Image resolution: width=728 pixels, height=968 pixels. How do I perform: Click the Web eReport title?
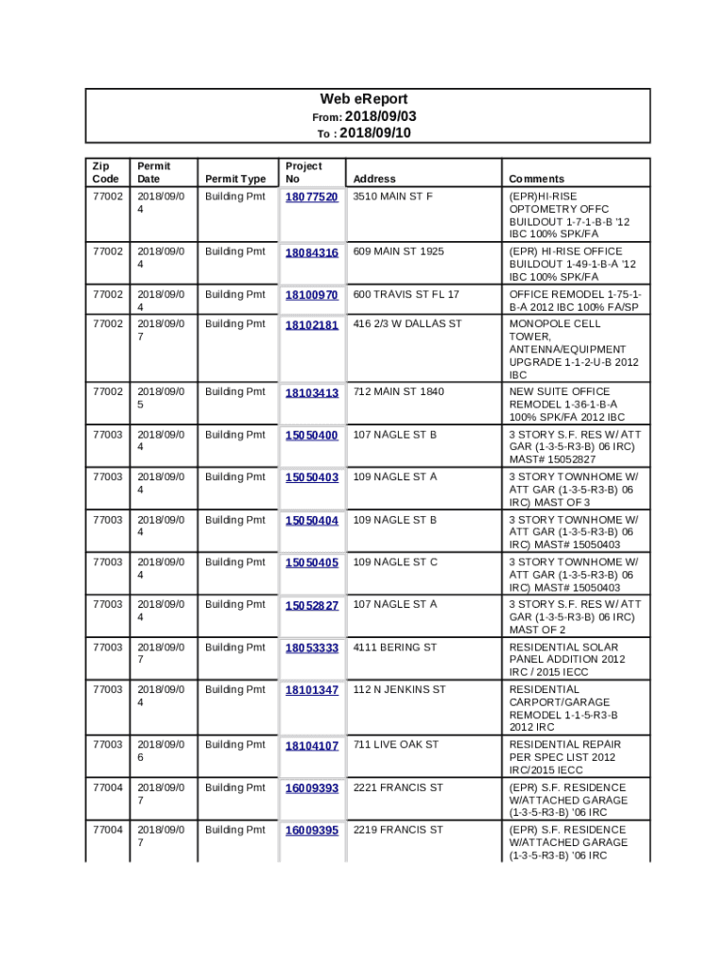(364, 99)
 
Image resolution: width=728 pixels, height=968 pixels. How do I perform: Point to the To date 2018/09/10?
(374, 133)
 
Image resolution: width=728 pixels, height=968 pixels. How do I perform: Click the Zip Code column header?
(106, 172)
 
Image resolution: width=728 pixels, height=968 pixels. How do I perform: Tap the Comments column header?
(536, 179)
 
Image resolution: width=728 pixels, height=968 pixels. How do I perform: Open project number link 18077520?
(312, 197)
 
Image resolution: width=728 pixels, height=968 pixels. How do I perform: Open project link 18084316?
(312, 252)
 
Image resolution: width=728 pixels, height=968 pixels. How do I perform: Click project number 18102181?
(312, 325)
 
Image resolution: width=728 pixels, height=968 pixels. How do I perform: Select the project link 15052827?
(312, 605)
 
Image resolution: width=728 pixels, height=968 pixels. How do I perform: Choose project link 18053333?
(312, 648)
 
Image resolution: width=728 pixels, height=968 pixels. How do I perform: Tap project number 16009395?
(312, 830)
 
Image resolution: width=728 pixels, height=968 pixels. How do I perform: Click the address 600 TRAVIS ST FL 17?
(407, 295)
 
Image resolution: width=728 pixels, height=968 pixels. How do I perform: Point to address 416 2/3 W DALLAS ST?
(407, 324)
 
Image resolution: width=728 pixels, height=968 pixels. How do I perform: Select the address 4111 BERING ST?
(395, 648)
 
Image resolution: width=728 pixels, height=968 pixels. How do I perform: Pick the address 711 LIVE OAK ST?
(396, 745)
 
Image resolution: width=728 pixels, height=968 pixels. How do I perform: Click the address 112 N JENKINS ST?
(399, 690)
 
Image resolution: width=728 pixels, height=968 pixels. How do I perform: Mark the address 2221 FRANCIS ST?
(398, 787)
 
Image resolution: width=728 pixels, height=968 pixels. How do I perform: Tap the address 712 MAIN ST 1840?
(399, 391)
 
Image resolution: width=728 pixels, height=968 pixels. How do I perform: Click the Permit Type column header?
(235, 179)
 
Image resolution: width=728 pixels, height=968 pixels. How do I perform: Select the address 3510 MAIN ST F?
(393, 197)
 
